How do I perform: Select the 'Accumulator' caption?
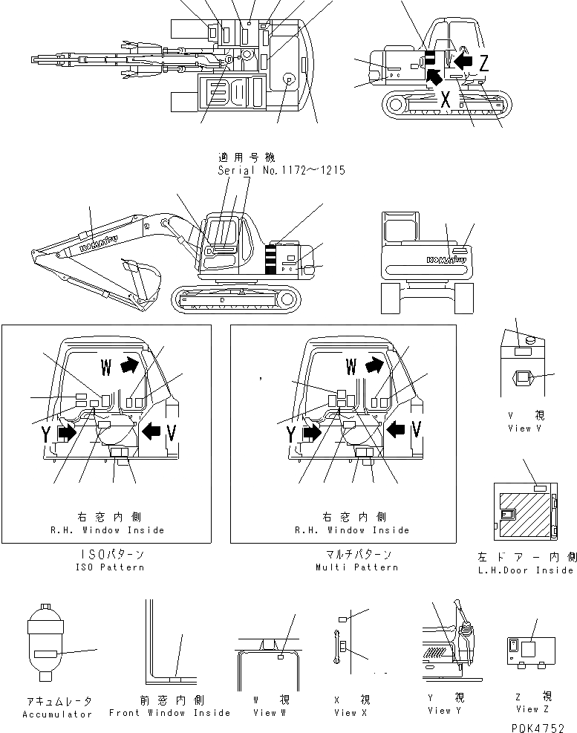57,714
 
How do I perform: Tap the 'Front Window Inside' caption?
169,713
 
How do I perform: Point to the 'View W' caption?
264,713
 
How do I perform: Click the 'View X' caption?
345,713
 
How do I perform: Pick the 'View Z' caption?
527,710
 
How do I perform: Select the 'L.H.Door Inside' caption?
525,570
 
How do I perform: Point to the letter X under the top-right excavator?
446,99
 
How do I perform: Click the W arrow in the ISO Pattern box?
129,365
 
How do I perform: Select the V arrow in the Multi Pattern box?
396,428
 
